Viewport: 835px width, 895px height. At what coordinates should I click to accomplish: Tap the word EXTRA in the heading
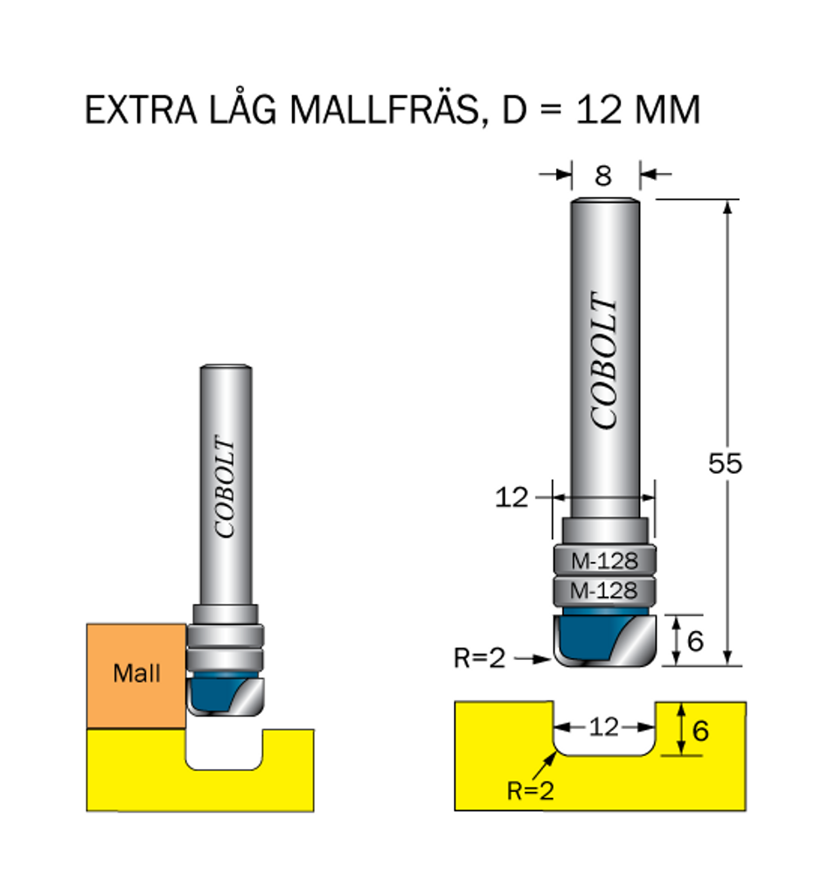coord(141,109)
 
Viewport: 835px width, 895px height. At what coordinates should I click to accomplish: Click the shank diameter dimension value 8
coord(603,176)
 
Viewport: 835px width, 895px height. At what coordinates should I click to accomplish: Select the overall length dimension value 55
coord(725,463)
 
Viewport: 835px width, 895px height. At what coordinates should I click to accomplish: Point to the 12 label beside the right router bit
coord(511,497)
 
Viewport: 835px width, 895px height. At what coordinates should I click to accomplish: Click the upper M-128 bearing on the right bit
coord(604,560)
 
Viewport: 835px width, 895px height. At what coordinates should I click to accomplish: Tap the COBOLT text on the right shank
coord(604,360)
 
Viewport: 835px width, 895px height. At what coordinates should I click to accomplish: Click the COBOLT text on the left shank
coord(225,486)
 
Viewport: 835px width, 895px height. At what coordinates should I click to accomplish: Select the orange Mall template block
coord(136,676)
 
